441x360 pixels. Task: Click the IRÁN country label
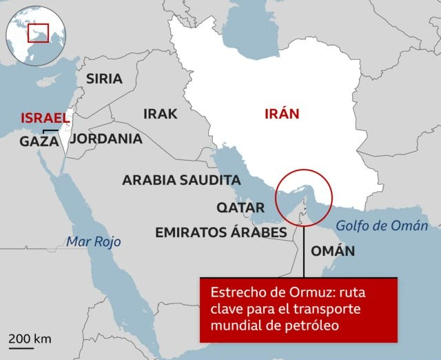click(x=282, y=114)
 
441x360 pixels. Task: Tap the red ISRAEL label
click(x=45, y=118)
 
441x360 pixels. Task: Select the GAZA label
click(x=39, y=141)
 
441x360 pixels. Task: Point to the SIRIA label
click(x=104, y=79)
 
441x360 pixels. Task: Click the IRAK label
click(x=161, y=114)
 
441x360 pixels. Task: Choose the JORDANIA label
click(x=106, y=139)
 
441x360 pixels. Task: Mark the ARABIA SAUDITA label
click(x=181, y=180)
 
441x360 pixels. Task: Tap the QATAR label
click(x=240, y=208)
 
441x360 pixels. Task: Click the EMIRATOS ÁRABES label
click(x=220, y=232)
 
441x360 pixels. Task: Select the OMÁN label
click(x=333, y=251)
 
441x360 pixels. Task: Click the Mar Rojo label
click(x=93, y=241)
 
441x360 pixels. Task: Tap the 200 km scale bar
click(x=30, y=343)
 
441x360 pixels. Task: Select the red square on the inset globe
click(x=37, y=32)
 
